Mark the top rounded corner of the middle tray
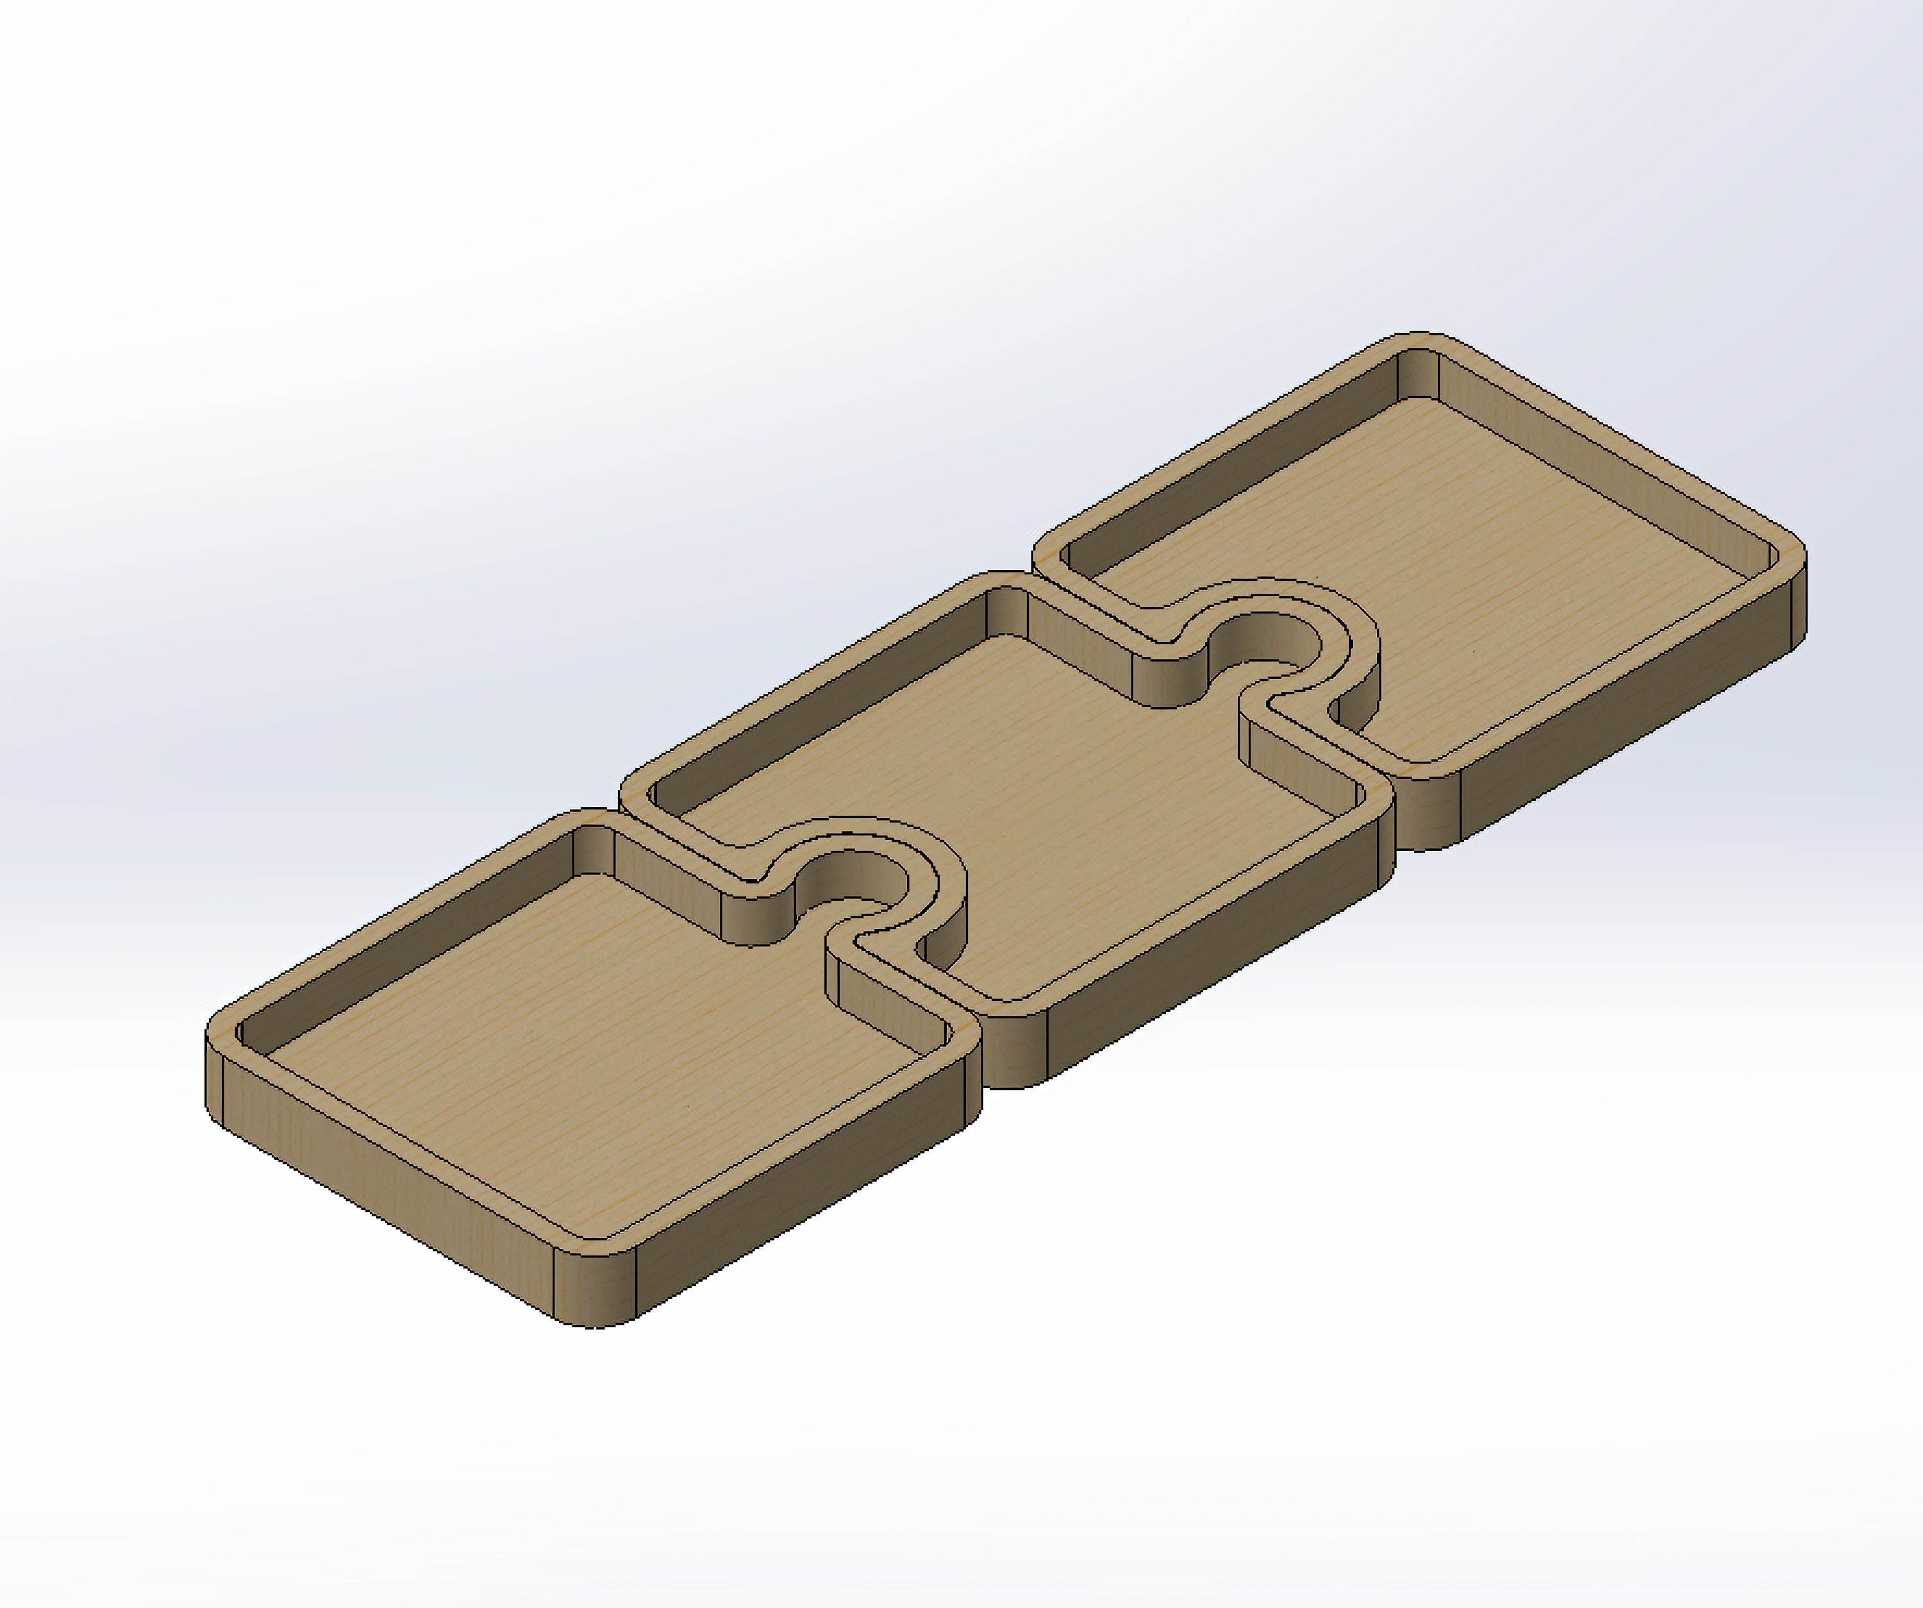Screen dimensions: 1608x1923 [1007, 582]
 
